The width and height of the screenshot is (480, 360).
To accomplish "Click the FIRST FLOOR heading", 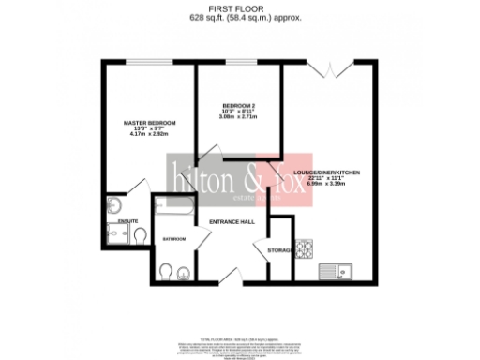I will pyautogui.click(x=240, y=7).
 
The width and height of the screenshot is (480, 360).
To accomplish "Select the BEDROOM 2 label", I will pyautogui.click(x=239, y=106).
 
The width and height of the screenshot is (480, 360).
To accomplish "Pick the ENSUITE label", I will pyautogui.click(x=127, y=221).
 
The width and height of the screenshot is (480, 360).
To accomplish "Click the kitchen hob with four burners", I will pyautogui.click(x=305, y=249).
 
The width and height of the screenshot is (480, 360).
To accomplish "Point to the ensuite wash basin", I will pyautogui.click(x=113, y=205).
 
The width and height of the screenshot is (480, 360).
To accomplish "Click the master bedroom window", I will pyautogui.click(x=144, y=62).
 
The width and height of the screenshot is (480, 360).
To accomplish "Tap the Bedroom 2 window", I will pyautogui.click(x=238, y=62).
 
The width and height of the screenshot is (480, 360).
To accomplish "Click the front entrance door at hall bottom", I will pyautogui.click(x=230, y=276).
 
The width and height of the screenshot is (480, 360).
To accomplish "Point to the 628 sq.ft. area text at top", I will pyautogui.click(x=240, y=16).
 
